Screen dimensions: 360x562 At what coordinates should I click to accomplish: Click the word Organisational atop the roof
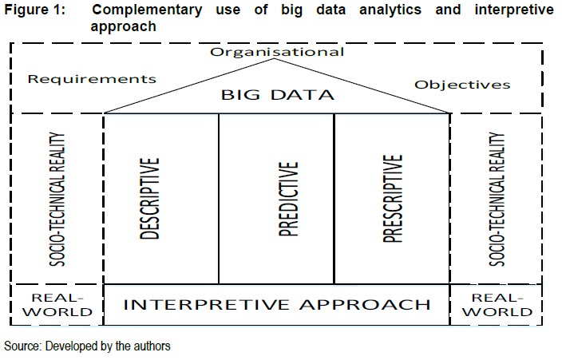277,52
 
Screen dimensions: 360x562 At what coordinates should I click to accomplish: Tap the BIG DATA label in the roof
277,96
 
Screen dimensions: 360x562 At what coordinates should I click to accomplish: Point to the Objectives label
462,84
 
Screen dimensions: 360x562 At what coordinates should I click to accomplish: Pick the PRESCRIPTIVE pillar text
392,199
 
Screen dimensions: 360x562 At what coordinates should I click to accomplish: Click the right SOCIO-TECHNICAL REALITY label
496,199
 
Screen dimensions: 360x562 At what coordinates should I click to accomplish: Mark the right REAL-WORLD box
497,304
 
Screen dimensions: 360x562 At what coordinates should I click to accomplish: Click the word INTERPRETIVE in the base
204,304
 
